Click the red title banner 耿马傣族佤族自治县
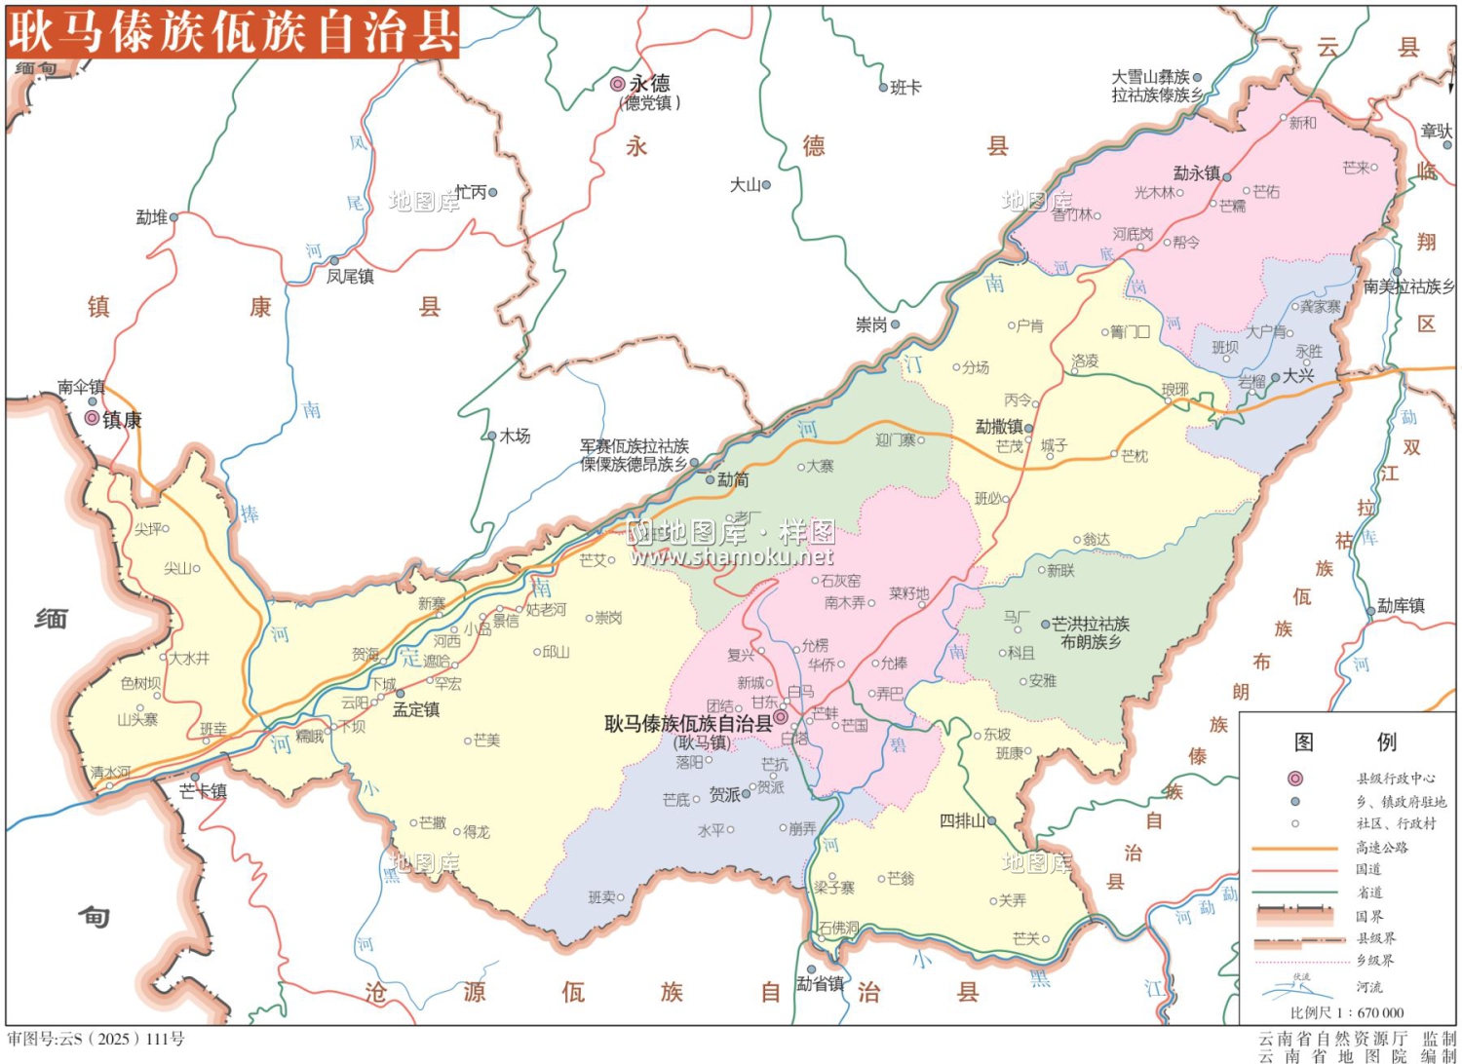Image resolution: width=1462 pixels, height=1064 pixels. coord(232,31)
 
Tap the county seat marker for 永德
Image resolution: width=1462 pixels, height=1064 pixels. coord(617,84)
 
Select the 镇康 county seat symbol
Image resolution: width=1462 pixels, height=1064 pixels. coord(92,418)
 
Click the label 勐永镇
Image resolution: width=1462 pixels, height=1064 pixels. coord(1196,172)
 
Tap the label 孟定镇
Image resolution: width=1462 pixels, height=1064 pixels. coord(416,709)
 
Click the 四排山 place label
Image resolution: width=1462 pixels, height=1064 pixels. coord(962,820)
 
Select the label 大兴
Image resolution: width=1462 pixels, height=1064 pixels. coord(1298,375)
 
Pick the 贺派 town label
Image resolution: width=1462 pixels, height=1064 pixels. coord(724,794)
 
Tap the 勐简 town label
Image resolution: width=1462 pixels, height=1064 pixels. coord(733,479)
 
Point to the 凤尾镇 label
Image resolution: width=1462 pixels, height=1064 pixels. coord(350,277)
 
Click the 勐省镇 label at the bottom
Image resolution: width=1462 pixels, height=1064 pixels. coord(820,983)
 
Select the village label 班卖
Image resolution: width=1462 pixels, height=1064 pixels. coord(601,896)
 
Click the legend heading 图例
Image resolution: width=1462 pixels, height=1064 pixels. coord(1345,742)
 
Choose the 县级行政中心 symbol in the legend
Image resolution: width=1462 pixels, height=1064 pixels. coord(1295,779)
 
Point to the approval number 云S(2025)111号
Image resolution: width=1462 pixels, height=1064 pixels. coord(96,1039)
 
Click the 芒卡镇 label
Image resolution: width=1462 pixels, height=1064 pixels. coord(203,791)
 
